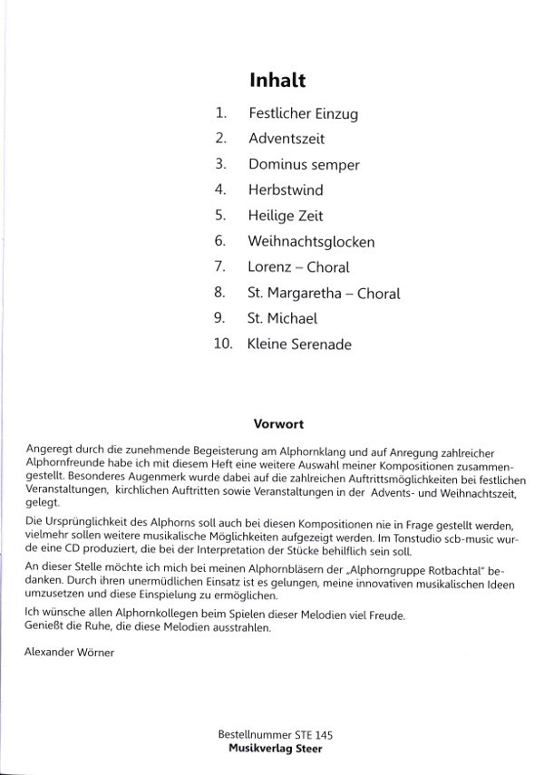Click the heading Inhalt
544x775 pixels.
point(277,80)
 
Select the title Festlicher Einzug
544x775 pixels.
point(303,114)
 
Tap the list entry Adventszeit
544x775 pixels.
point(286,140)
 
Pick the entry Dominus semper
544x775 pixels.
point(304,165)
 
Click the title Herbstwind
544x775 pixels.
point(286,190)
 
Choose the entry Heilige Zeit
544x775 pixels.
point(286,217)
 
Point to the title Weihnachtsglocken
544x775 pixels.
point(311,242)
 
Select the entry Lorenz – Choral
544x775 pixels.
point(298,267)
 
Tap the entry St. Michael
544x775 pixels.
point(282,319)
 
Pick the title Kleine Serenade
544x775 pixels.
point(299,344)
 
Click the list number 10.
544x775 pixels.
point(223,344)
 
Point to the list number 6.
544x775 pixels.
point(219,242)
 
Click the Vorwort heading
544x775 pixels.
point(277,423)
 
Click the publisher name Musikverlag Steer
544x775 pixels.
point(277,749)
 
